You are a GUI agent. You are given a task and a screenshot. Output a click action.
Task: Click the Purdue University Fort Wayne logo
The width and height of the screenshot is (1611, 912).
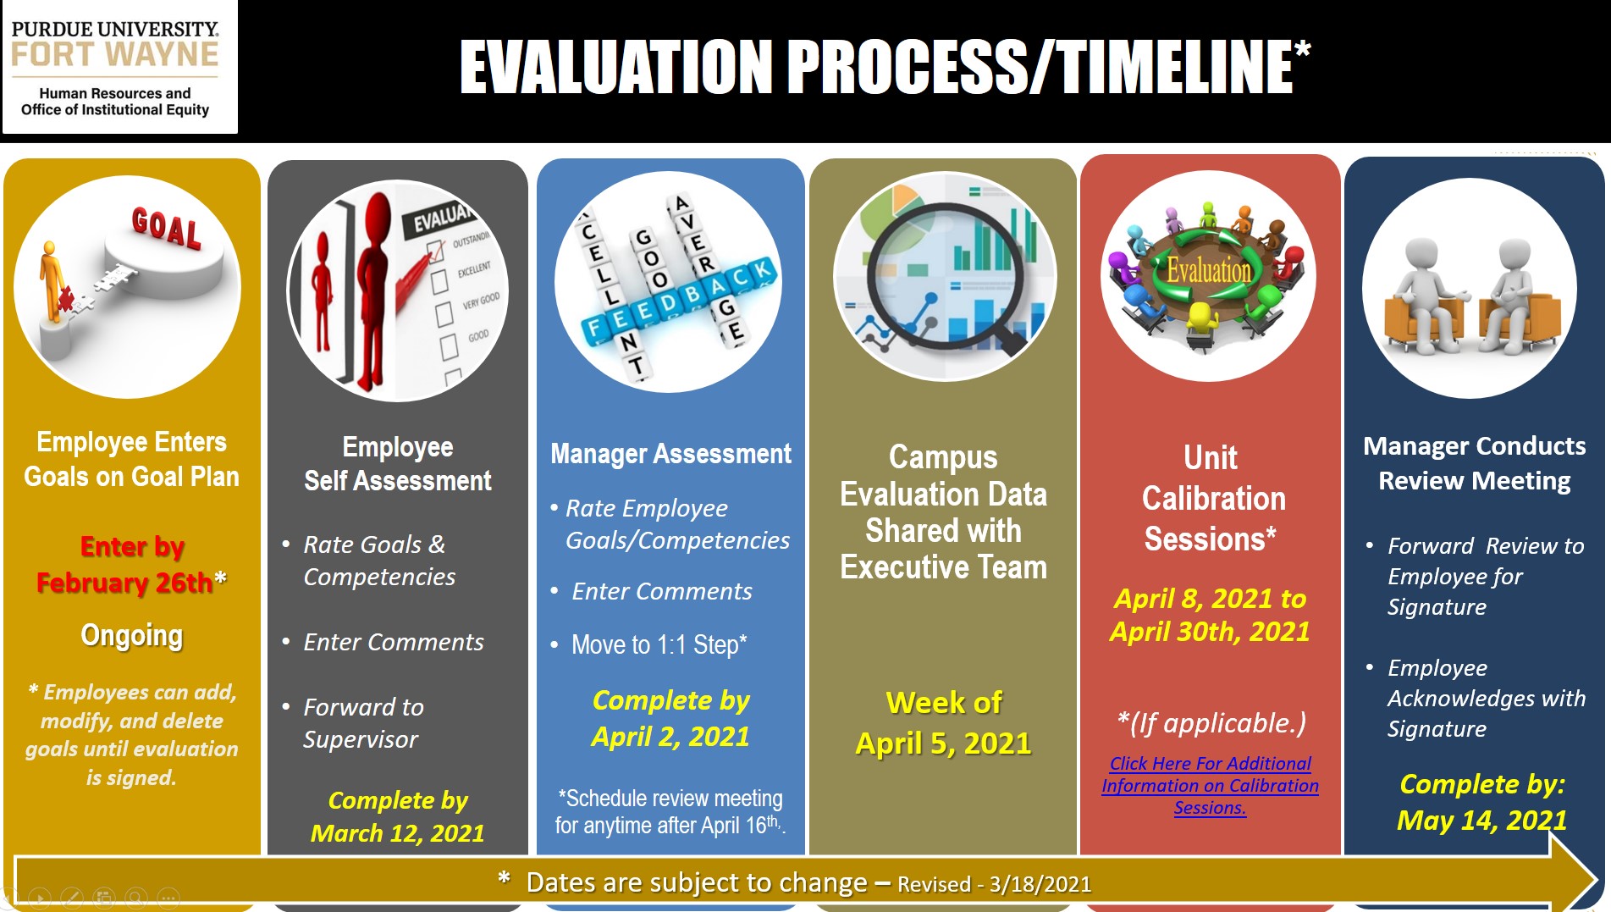119,68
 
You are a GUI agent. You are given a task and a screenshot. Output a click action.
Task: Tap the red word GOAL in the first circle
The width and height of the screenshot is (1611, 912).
167,228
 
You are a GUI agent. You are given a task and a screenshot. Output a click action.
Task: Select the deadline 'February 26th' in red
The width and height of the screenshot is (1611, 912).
124,583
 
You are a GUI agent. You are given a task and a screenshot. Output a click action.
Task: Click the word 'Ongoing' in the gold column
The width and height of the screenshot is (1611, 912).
132,636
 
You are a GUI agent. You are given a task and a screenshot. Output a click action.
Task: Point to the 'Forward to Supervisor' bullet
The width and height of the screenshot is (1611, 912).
363,723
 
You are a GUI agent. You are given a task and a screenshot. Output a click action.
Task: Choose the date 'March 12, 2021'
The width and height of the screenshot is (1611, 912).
397,833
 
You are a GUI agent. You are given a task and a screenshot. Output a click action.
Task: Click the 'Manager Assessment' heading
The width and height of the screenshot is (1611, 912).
670,454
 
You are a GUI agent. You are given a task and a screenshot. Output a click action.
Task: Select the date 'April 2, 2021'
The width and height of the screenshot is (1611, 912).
670,737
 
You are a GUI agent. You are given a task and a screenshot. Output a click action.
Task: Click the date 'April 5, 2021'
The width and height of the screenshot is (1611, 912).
943,743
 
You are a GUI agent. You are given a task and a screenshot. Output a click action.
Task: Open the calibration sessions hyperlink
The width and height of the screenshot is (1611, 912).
1210,786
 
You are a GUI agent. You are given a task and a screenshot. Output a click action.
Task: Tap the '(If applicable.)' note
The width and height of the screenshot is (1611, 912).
1211,723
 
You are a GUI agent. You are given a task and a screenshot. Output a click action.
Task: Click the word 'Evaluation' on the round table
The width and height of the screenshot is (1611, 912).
1208,270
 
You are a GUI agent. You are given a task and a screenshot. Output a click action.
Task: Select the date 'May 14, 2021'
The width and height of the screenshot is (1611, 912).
1482,820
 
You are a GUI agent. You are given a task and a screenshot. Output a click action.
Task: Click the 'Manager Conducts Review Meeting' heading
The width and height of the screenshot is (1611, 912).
1475,463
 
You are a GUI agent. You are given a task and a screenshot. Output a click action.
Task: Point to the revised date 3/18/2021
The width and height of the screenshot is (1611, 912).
1040,885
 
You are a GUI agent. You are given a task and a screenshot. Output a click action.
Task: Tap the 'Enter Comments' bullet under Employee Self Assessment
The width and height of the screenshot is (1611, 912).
394,642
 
